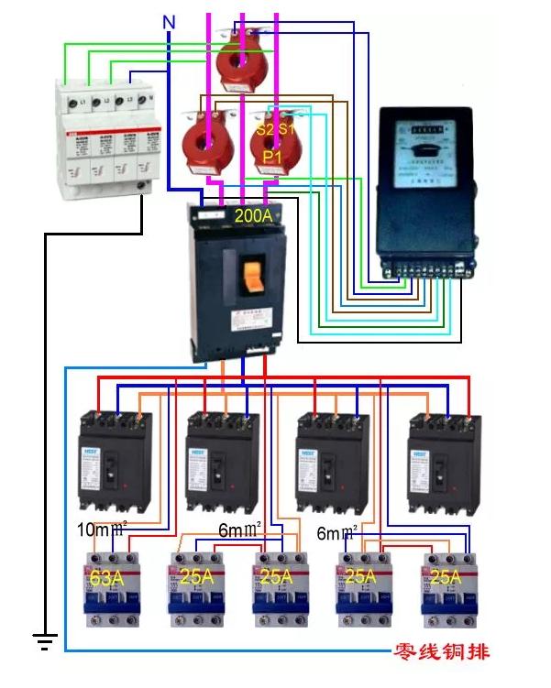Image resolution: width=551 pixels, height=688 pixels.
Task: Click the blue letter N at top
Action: tap(168, 21)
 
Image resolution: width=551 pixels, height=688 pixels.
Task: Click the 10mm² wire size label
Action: tap(101, 530)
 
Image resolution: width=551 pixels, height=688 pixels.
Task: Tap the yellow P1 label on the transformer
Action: tap(272, 158)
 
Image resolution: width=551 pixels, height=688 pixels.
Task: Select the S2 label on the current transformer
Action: tap(265, 129)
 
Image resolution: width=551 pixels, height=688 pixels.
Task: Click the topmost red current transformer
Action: tap(243, 60)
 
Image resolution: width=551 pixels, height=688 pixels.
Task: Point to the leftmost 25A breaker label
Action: tap(189, 578)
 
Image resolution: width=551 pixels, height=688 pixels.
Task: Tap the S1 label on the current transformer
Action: tap(287, 129)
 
